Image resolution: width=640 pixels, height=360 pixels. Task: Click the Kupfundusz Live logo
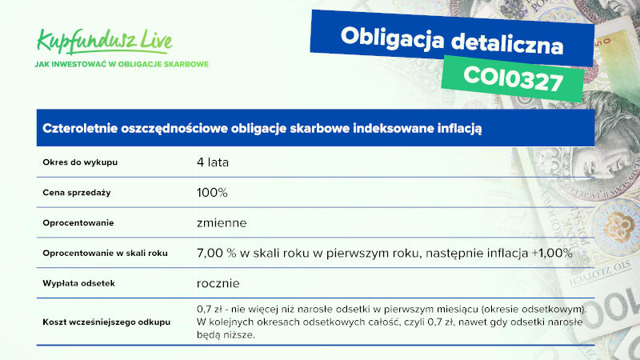pos(105,42)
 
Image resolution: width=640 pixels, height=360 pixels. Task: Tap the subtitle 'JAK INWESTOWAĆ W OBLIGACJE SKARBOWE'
pos(122,64)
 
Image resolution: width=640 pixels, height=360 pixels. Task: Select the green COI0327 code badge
pos(513,78)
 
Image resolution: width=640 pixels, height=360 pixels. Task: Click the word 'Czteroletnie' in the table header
pos(81,128)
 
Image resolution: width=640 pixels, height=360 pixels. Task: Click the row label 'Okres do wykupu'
pos(80,162)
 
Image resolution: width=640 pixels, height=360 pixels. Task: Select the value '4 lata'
pos(213,162)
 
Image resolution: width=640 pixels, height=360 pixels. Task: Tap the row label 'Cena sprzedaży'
pos(77,193)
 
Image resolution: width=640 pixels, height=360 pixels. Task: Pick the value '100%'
pos(212,193)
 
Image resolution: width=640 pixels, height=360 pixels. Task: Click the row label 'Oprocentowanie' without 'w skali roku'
pos(78,223)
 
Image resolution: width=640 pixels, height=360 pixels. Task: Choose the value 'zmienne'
pos(222,223)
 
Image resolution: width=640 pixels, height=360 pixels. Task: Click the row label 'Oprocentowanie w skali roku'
pos(106,253)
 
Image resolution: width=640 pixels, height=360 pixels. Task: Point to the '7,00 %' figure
pos(216,253)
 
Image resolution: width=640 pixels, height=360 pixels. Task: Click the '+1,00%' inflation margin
pos(552,253)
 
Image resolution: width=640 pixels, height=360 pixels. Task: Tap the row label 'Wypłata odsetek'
pos(78,283)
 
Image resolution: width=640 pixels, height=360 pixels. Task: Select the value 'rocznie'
pos(218,283)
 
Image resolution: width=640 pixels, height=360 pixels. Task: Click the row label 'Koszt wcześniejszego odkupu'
pos(106,322)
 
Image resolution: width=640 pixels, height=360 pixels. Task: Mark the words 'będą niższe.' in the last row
pos(226,335)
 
